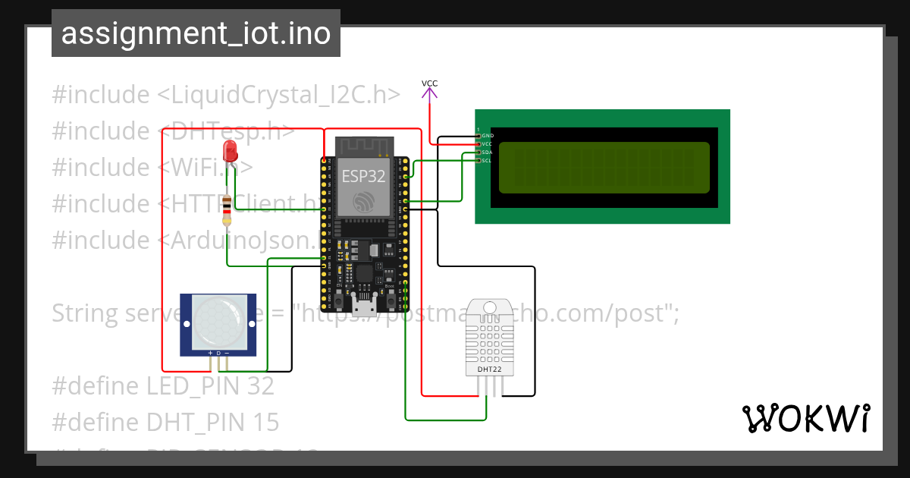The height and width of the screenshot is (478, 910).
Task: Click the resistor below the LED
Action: tap(227, 212)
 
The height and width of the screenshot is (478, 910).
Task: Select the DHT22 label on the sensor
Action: tap(488, 370)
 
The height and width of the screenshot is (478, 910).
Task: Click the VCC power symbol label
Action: tap(430, 83)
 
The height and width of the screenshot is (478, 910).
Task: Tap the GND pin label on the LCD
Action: tap(488, 136)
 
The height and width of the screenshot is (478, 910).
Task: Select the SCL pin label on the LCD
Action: tap(487, 160)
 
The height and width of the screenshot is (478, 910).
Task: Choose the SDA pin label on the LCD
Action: tap(487, 152)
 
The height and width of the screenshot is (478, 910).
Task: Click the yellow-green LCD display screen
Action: tap(604, 167)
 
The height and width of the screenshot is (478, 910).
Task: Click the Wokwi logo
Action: tap(805, 418)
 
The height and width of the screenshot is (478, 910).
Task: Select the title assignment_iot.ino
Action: tap(196, 34)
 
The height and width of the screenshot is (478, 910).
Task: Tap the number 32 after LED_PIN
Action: tap(260, 386)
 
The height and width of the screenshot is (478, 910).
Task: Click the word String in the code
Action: tap(84, 313)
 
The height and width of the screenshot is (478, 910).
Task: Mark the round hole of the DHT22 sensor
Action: tap(490, 307)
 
